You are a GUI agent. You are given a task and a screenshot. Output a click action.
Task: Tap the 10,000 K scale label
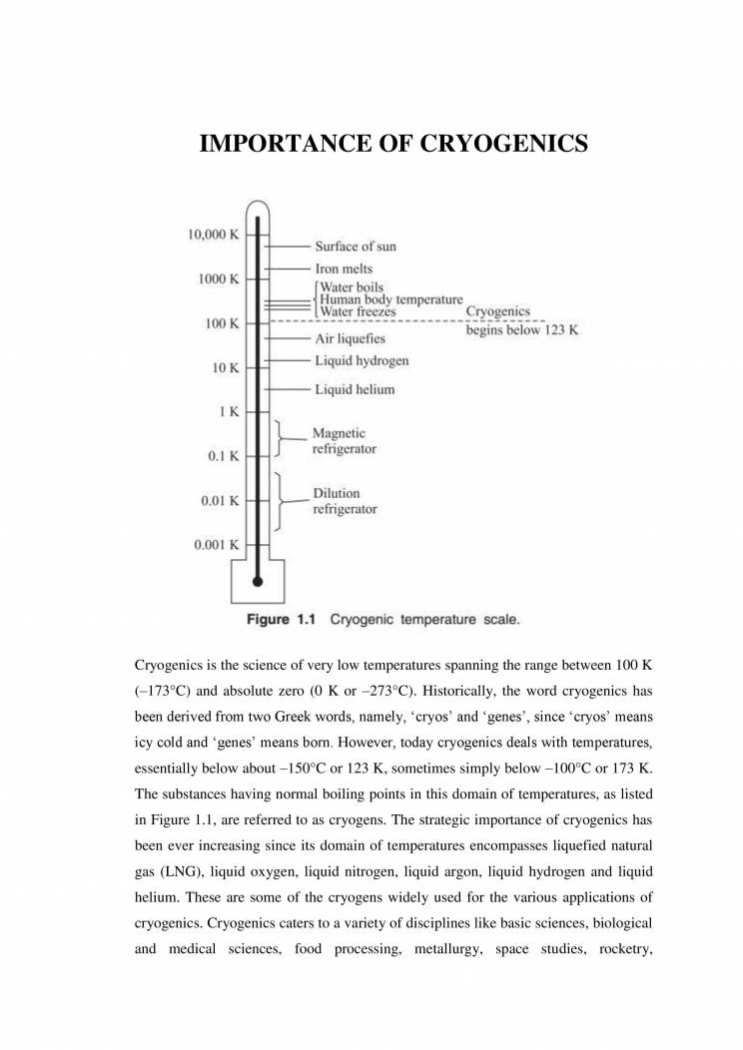tap(213, 235)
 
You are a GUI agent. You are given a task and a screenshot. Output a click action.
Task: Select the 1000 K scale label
tap(217, 278)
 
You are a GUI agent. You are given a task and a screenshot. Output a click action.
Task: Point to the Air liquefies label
tap(351, 339)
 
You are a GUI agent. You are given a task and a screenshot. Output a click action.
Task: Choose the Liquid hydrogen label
tap(362, 360)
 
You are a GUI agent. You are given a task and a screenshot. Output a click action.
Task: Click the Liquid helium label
tap(355, 389)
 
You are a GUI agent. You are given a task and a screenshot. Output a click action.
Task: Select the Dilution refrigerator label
tap(345, 501)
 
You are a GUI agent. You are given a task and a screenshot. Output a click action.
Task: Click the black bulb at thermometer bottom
tap(258, 580)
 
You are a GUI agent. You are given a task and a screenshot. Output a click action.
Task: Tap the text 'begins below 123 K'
tap(522, 330)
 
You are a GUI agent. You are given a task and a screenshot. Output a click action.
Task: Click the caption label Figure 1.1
tap(281, 619)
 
